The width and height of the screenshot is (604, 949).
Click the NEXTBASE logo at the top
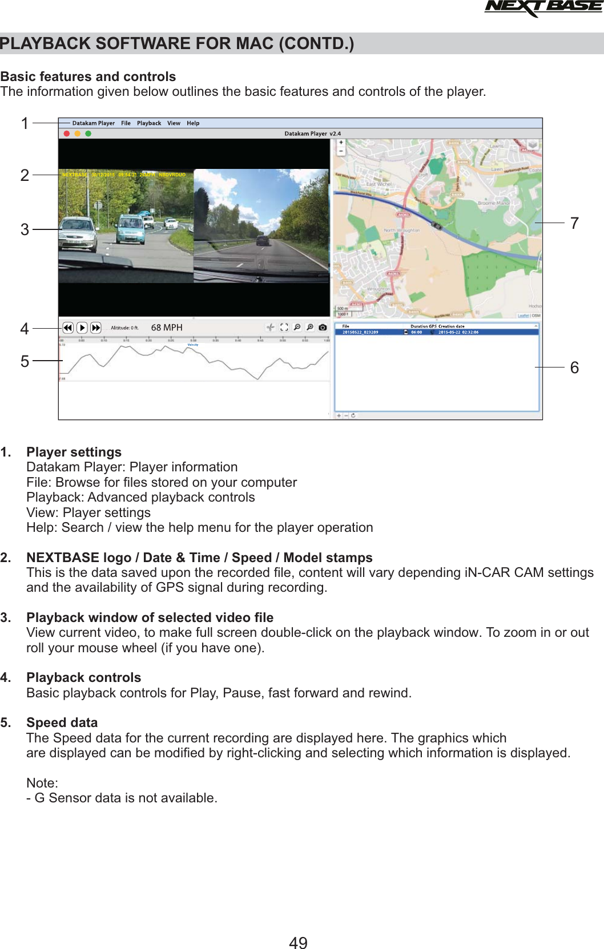(542, 8)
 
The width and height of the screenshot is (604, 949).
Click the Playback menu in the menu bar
(149, 123)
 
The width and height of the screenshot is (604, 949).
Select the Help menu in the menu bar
(193, 123)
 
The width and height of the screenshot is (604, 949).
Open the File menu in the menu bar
(126, 123)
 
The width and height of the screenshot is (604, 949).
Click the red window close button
(67, 134)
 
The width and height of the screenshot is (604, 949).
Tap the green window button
(88, 134)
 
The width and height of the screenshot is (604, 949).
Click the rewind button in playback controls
(68, 328)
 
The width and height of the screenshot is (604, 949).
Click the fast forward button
(96, 328)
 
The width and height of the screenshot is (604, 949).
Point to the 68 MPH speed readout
(167, 328)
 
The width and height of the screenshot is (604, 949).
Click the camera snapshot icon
(323, 328)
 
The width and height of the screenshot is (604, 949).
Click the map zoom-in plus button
(341, 143)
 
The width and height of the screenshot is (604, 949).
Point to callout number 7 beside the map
(574, 223)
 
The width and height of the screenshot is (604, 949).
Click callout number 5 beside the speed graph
(25, 361)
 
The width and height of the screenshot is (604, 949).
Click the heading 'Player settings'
(74, 452)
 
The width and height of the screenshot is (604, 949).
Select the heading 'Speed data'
(62, 722)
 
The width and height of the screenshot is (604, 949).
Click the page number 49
(298, 943)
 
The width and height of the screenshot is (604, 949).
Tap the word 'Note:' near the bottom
(42, 783)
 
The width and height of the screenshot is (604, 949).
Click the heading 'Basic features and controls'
(88, 76)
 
